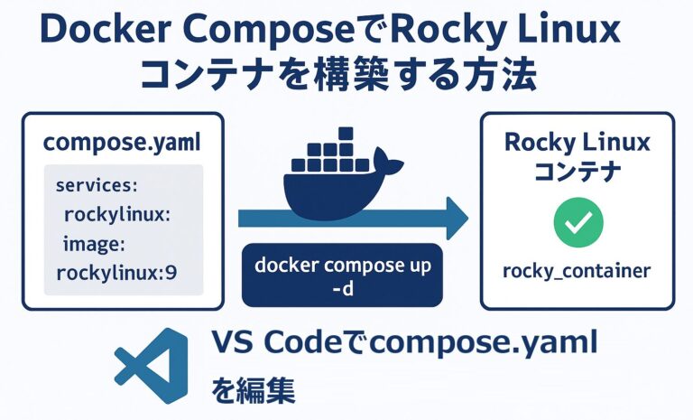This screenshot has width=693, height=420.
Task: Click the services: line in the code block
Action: click(x=96, y=185)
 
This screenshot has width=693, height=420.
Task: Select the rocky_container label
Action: click(x=577, y=271)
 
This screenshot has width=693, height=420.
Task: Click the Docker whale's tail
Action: click(x=392, y=163)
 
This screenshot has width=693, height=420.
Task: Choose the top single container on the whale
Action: click(x=344, y=135)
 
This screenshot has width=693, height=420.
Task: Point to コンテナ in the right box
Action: click(x=577, y=172)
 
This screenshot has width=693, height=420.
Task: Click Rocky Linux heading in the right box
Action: click(x=577, y=142)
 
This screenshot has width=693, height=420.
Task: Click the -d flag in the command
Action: click(x=342, y=290)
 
